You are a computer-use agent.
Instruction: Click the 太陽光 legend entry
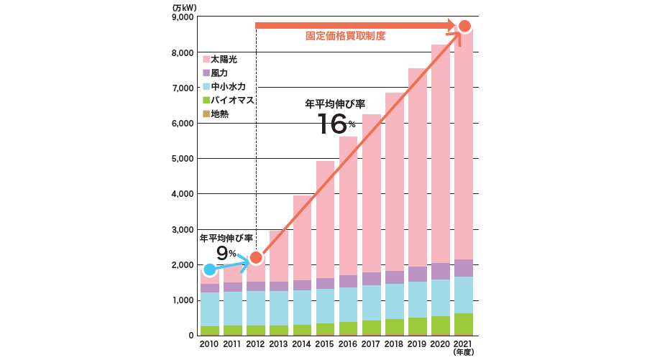point(223,60)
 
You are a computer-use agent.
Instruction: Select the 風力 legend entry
point(219,73)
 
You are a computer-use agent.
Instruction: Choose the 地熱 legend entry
point(219,114)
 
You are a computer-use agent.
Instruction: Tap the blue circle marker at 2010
point(209,270)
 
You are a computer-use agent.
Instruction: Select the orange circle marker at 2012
point(255,257)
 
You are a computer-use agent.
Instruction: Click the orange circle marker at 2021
point(464,27)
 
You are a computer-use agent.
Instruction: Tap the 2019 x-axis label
point(417,344)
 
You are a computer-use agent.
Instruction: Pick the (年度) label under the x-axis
point(464,353)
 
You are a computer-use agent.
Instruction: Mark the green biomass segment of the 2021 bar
point(464,323)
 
